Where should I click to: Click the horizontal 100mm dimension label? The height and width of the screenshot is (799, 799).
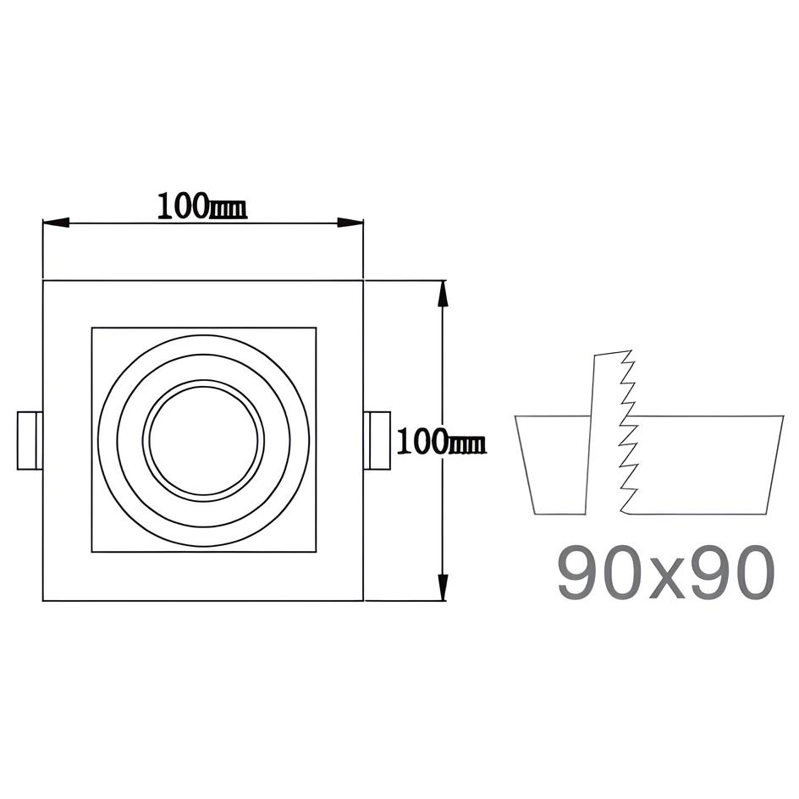(201, 207)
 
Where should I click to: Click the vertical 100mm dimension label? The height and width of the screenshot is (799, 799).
(441, 441)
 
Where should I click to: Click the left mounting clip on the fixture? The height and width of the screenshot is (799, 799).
(30, 440)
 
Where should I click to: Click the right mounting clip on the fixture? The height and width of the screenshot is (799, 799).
(377, 440)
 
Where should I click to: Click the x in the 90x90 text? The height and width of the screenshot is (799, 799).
(665, 579)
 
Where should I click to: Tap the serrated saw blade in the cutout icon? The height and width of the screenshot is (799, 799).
(611, 432)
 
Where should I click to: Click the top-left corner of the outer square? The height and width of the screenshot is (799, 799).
(43, 280)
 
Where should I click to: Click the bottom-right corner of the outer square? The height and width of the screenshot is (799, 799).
(363, 601)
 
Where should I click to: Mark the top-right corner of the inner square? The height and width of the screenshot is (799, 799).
(316, 328)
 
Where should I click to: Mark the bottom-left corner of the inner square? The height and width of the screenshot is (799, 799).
(91, 552)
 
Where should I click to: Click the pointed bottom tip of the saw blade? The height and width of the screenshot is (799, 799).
(623, 511)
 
